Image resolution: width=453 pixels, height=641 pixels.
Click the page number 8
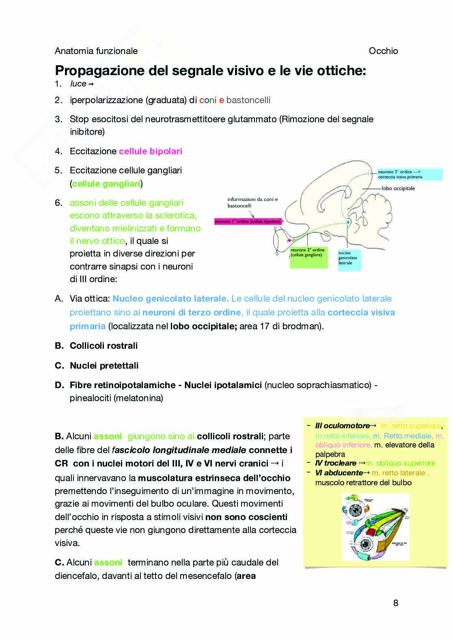tap(396, 603)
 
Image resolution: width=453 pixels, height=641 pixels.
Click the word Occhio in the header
tap(383, 51)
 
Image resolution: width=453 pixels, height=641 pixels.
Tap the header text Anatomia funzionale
tap(96, 51)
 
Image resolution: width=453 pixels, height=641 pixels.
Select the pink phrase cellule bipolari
tap(151, 151)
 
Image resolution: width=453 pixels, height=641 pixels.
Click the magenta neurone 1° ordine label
tap(248, 222)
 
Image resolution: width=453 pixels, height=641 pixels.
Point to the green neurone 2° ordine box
tap(308, 257)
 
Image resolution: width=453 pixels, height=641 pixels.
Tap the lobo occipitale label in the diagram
tap(398, 188)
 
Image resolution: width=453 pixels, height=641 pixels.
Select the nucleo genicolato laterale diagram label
tap(348, 258)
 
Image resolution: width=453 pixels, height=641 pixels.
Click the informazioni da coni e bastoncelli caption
tap(252, 203)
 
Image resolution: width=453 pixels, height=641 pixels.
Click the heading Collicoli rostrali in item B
tap(104, 346)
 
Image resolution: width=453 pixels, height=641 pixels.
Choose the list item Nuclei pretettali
tap(104, 366)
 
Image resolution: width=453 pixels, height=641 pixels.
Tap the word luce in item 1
tap(78, 84)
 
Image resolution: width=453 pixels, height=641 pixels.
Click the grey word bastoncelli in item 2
tap(248, 100)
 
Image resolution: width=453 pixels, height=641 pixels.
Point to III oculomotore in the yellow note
tap(342, 426)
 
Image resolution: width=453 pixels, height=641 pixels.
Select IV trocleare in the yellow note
tap(336, 463)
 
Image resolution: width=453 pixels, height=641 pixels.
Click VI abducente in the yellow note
tap(339, 473)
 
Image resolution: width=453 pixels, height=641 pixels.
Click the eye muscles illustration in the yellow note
tap(375, 527)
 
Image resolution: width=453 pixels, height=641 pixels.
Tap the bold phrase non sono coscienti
tap(246, 517)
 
